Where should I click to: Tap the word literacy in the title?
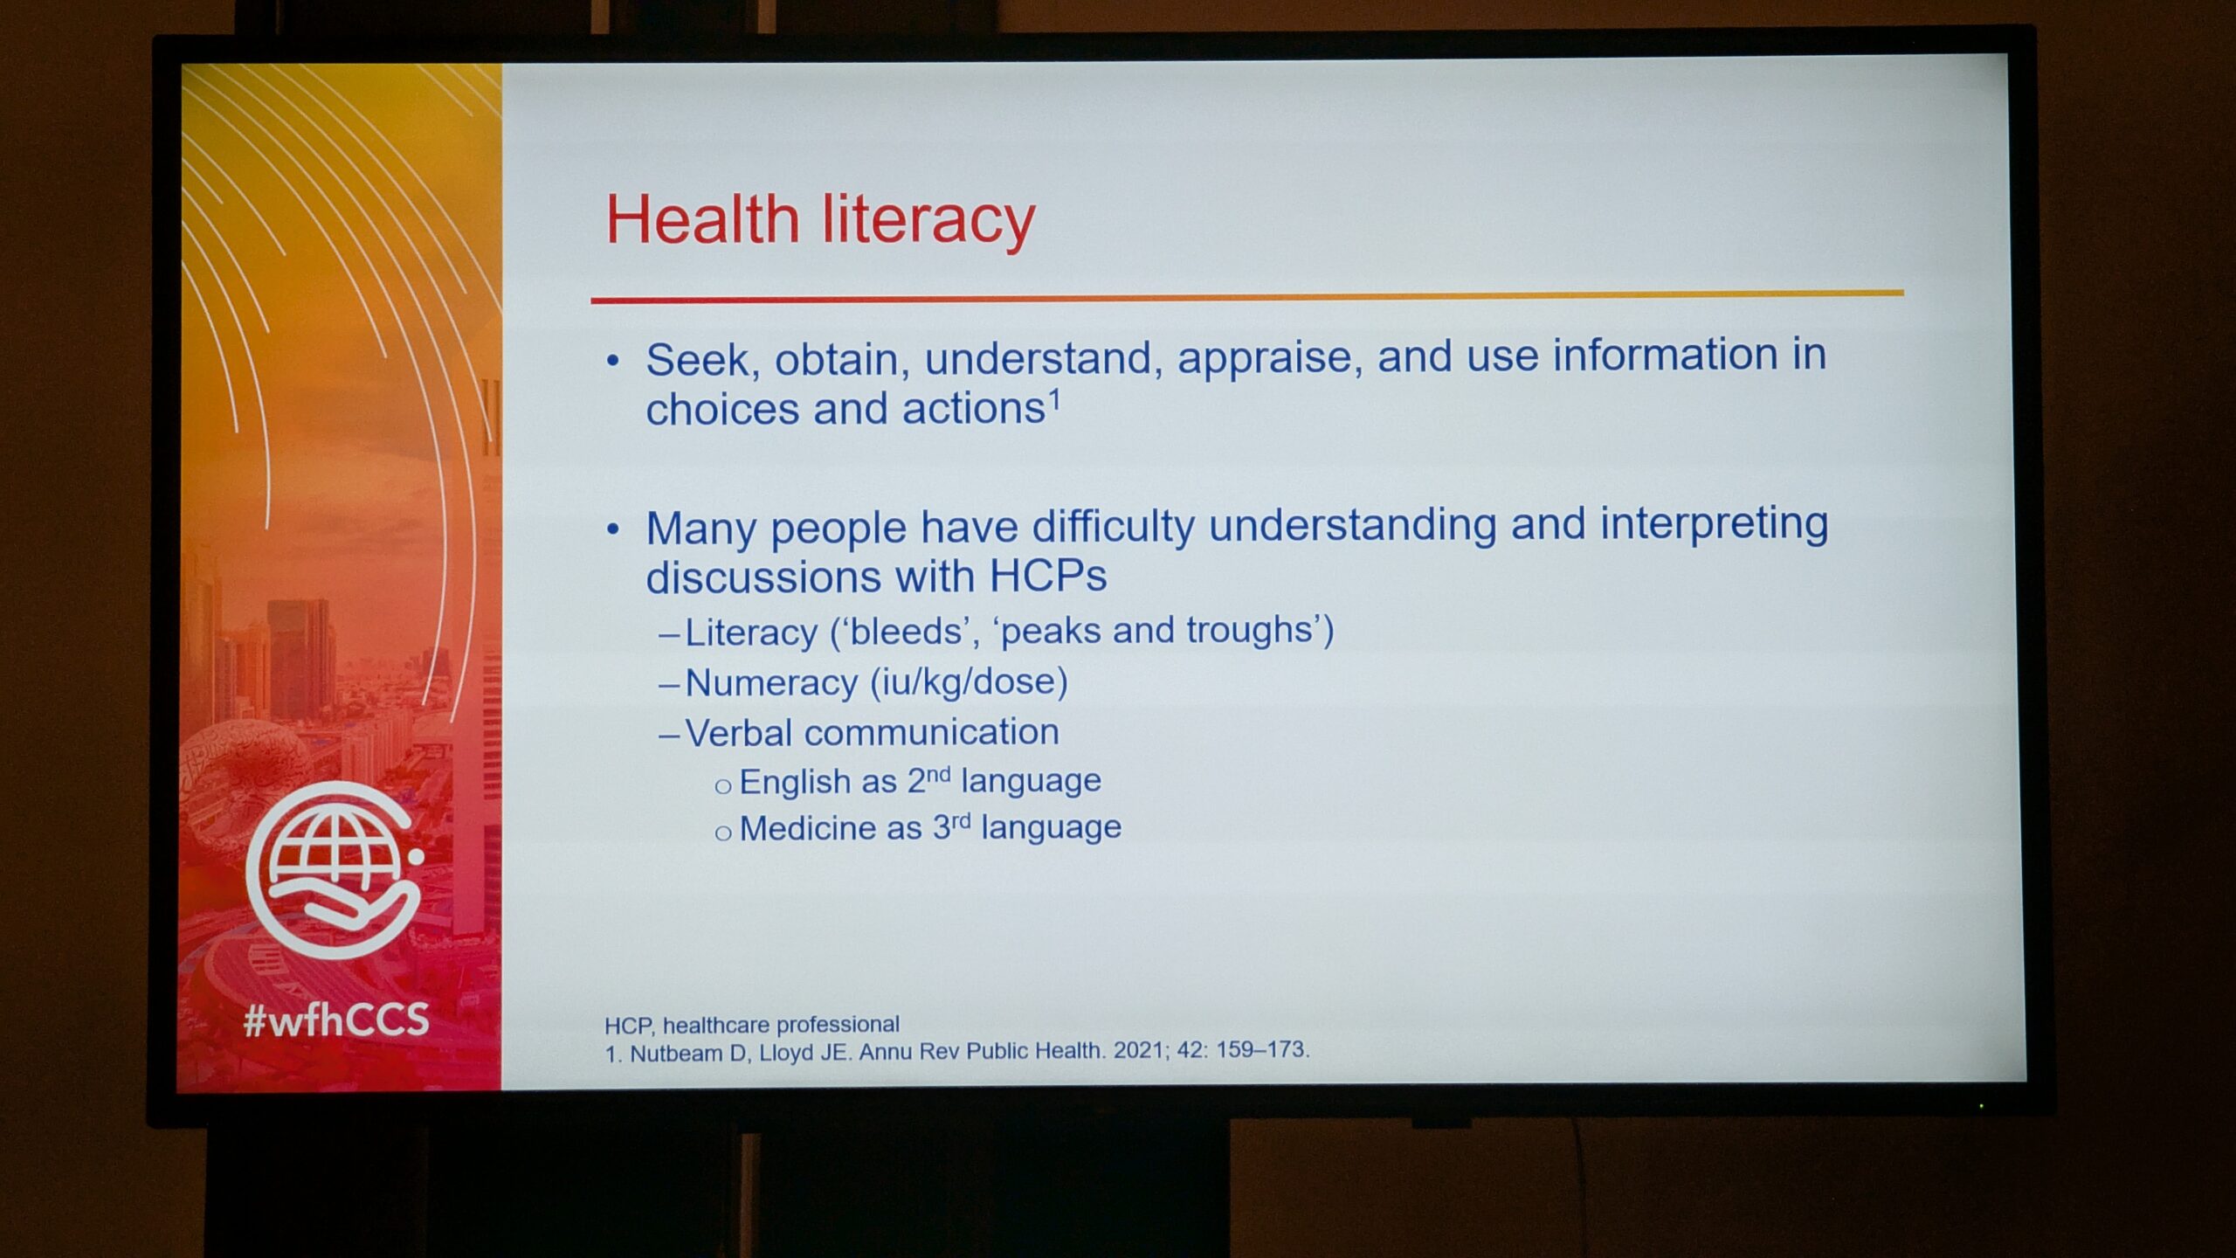tap(928, 220)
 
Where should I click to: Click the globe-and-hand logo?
tap(335, 870)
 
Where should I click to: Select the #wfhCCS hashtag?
tap(336, 1020)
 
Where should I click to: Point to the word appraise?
tap(1270, 358)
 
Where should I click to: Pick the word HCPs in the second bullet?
tap(1048, 576)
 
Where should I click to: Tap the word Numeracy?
tap(771, 683)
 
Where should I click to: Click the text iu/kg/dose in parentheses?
tap(969, 682)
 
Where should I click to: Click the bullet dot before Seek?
tap(613, 361)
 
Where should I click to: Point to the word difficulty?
tap(1114, 528)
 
